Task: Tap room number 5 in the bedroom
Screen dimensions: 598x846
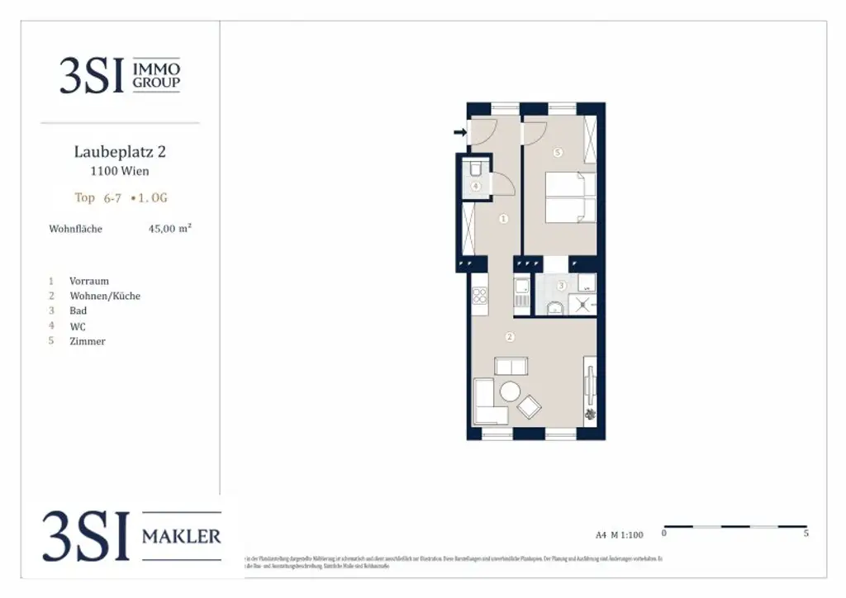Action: (558, 153)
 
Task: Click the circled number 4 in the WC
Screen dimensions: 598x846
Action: (477, 187)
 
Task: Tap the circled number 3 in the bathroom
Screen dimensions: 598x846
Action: (561, 286)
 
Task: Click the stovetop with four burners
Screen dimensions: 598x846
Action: (480, 295)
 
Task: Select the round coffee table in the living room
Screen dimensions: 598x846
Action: (510, 391)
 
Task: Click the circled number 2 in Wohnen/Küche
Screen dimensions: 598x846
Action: (510, 337)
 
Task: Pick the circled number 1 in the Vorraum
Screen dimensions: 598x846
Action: (503, 219)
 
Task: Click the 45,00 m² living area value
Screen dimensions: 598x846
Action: (169, 229)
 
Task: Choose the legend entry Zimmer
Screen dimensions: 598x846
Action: (88, 341)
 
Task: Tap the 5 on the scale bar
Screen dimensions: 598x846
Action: (806, 534)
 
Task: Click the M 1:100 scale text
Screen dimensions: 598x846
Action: (627, 534)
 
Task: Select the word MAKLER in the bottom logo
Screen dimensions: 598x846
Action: (182, 537)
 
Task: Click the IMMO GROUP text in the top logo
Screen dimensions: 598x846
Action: (156, 75)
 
